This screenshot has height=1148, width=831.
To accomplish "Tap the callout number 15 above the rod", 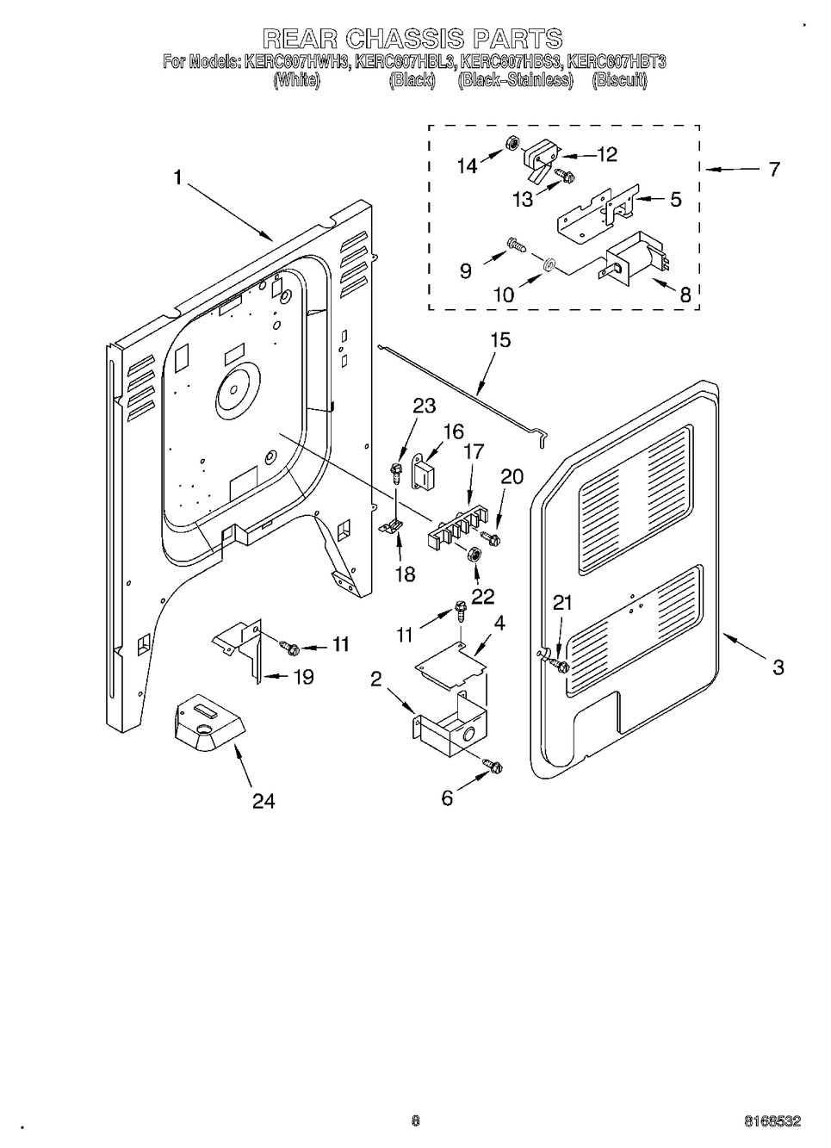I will (499, 340).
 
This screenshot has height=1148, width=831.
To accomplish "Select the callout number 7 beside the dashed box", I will (773, 169).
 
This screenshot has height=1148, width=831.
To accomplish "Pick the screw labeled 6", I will (493, 764).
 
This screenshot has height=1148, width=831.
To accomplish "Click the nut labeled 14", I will (508, 143).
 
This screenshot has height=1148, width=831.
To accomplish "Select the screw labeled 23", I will (397, 470).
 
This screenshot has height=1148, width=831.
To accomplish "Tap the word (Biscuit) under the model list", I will (619, 81).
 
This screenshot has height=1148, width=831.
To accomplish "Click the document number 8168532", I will (772, 1121).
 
